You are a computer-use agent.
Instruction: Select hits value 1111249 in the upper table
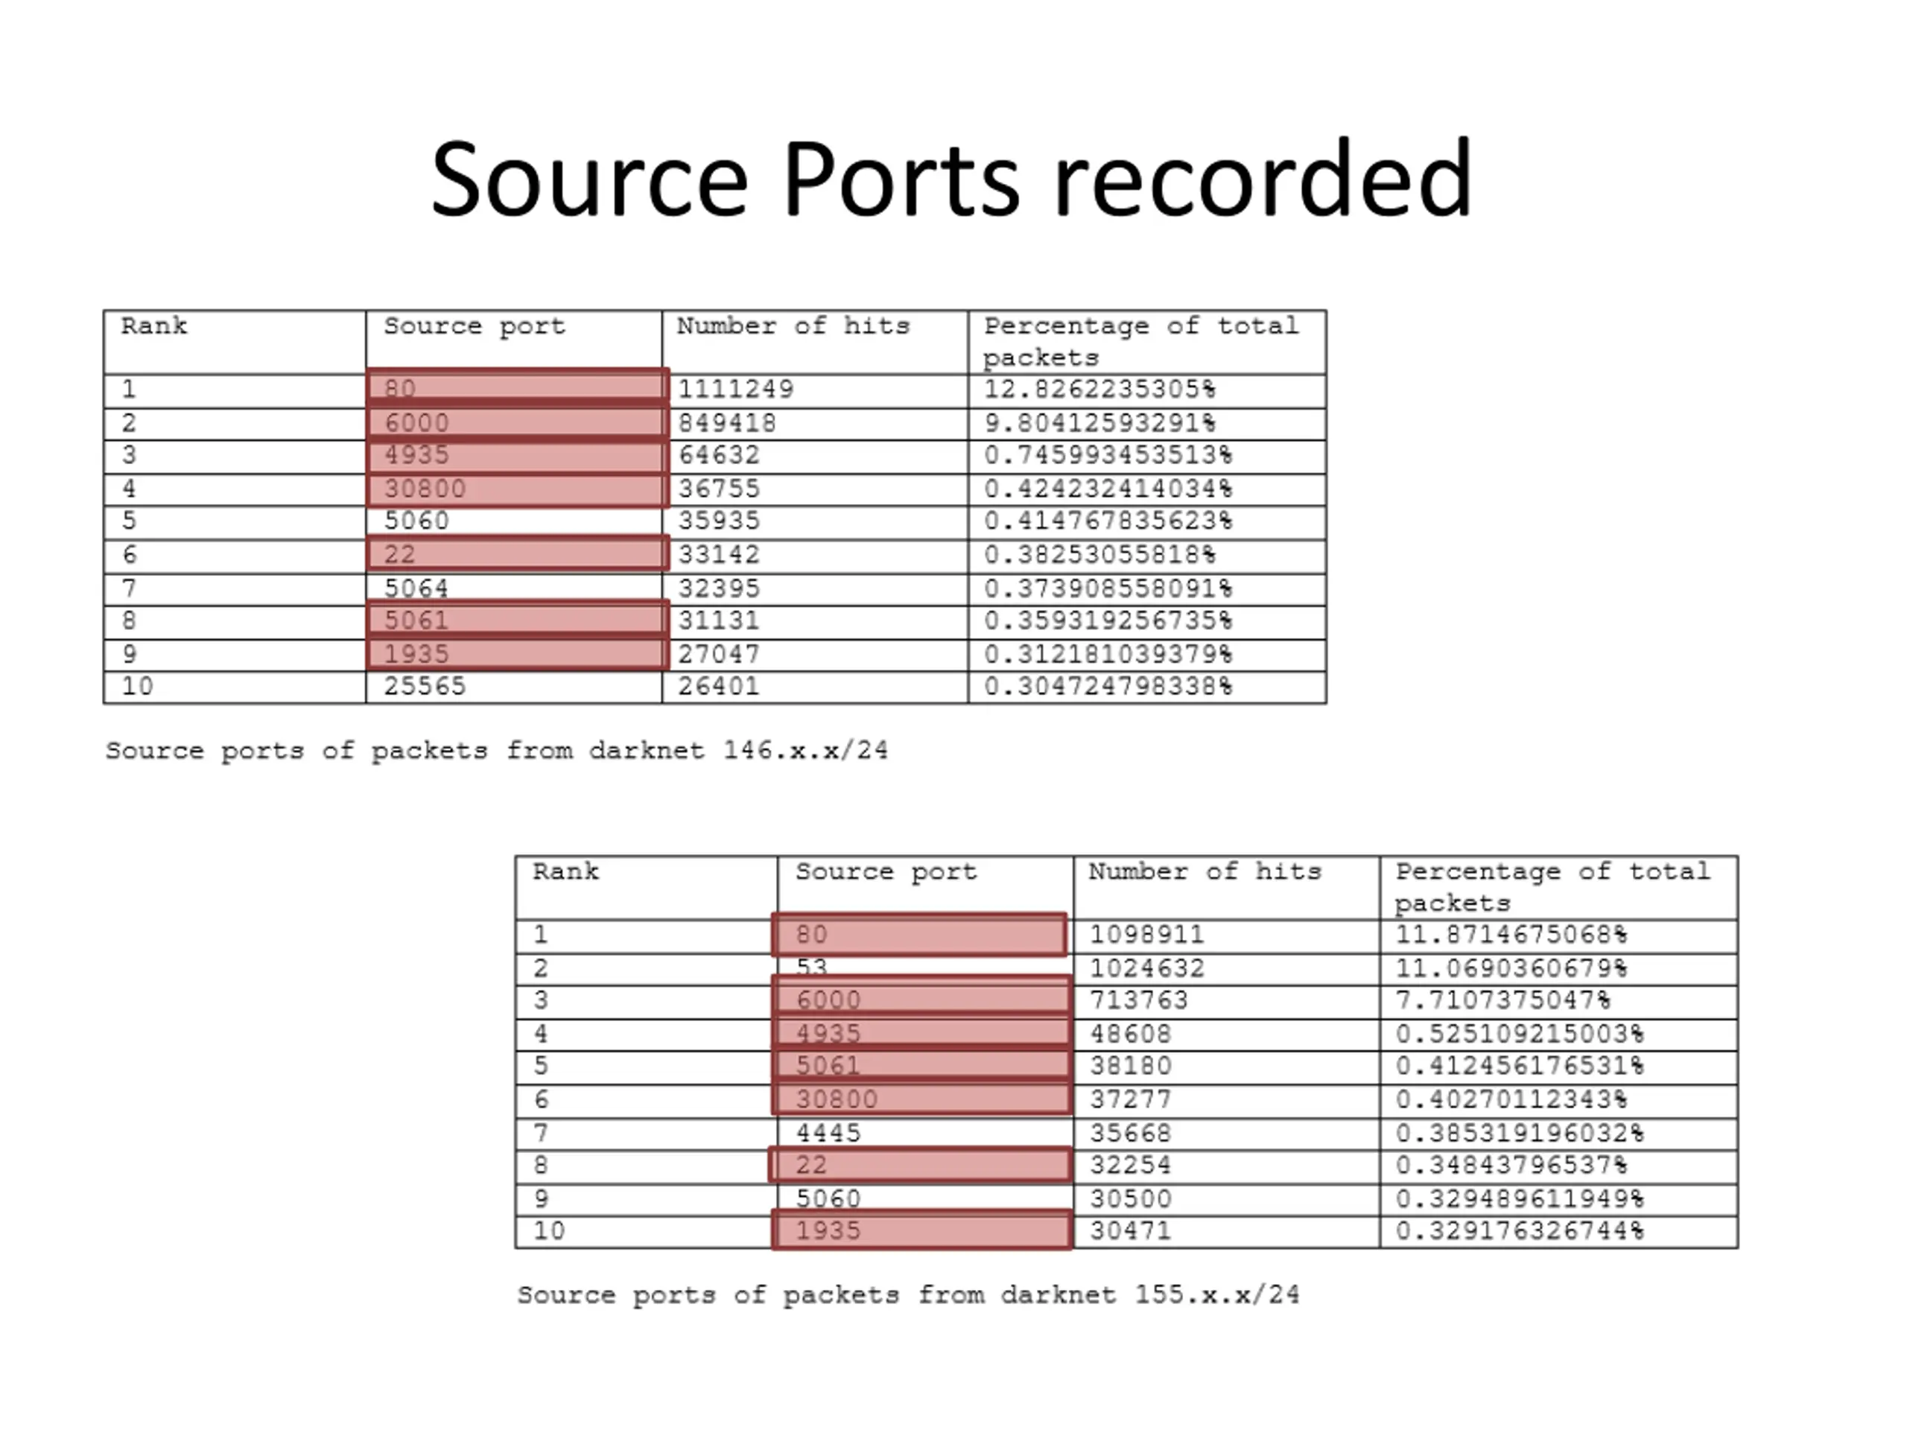[735, 390]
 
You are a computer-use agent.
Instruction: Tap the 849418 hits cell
[727, 423]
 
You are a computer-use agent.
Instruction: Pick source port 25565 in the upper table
[424, 686]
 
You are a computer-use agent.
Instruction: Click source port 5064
[416, 588]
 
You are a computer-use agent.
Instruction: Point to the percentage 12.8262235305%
[1100, 390]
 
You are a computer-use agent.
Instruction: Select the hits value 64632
[719, 455]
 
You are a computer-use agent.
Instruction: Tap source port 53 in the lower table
[811, 967]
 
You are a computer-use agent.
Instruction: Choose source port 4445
[828, 1133]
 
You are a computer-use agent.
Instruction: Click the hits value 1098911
[1146, 935]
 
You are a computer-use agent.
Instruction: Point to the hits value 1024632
[1146, 968]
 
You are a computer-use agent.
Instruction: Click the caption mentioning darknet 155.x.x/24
[908, 1294]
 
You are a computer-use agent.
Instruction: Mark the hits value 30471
[1130, 1230]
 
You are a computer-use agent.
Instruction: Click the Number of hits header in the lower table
[1205, 871]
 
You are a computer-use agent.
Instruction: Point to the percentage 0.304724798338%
[1108, 686]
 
